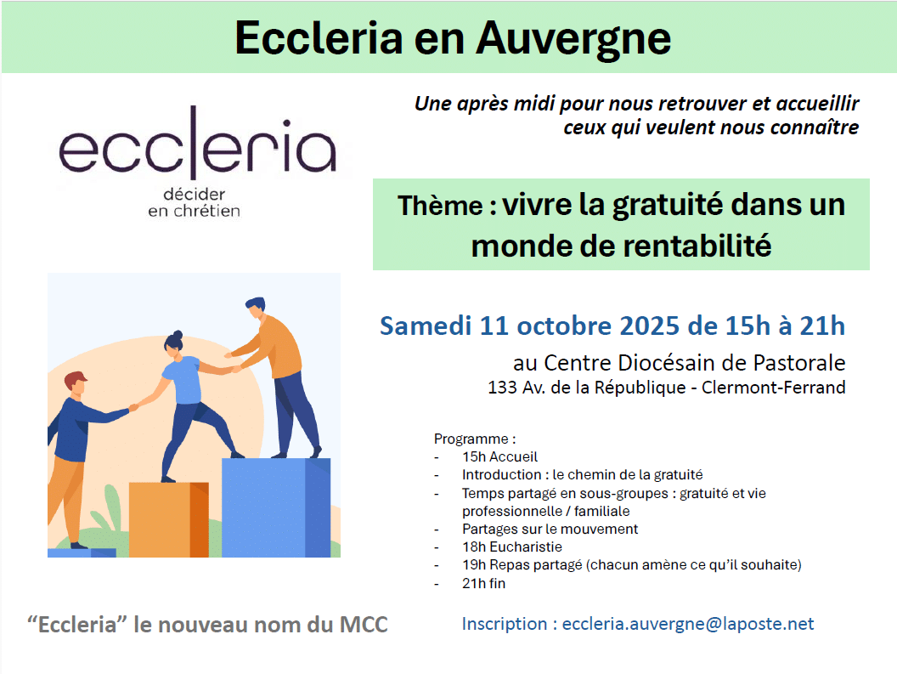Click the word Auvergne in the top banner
573,39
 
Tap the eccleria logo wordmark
197,143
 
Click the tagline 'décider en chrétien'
194,202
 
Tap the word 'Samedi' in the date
426,326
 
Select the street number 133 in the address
502,388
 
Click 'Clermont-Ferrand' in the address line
774,388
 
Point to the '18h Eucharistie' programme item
512,547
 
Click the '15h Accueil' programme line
500,457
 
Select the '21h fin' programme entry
484,584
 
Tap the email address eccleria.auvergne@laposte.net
688,624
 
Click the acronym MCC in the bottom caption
364,625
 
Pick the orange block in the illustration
169,519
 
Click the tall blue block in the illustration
276,507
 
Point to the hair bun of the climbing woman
178,334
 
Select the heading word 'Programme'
471,439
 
